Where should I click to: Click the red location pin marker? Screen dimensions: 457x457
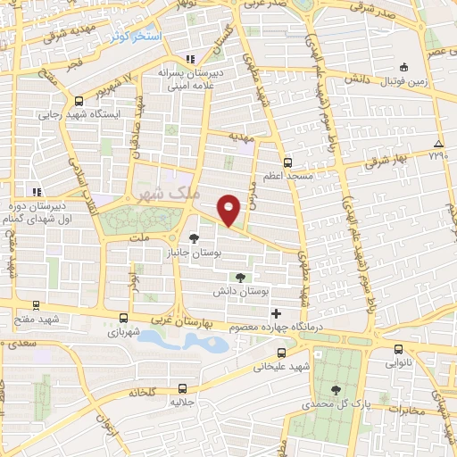[x=229, y=210]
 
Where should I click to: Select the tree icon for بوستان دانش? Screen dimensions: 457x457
[x=238, y=278]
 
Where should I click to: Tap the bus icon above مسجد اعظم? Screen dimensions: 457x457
[x=287, y=162]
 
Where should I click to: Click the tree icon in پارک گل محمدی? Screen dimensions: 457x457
[x=336, y=389]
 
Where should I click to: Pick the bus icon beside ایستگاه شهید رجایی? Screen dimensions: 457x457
[x=79, y=101]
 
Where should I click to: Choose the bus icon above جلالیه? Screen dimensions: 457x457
[x=183, y=388]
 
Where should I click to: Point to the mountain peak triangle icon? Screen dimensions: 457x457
[x=437, y=144]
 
